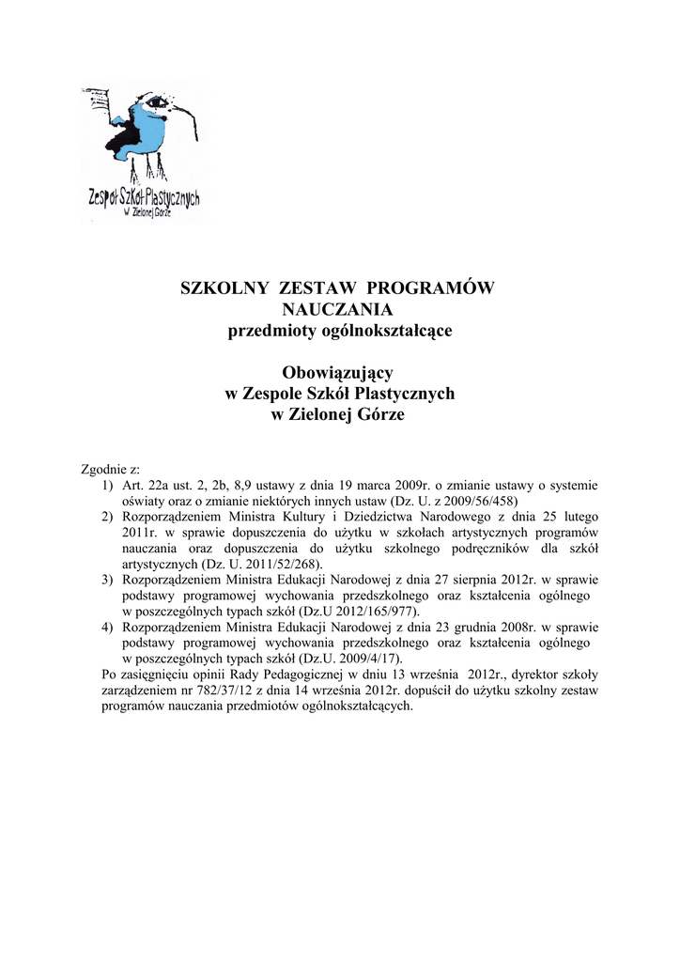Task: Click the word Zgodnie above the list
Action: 102,468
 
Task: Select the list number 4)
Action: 108,627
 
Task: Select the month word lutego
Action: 580,517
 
